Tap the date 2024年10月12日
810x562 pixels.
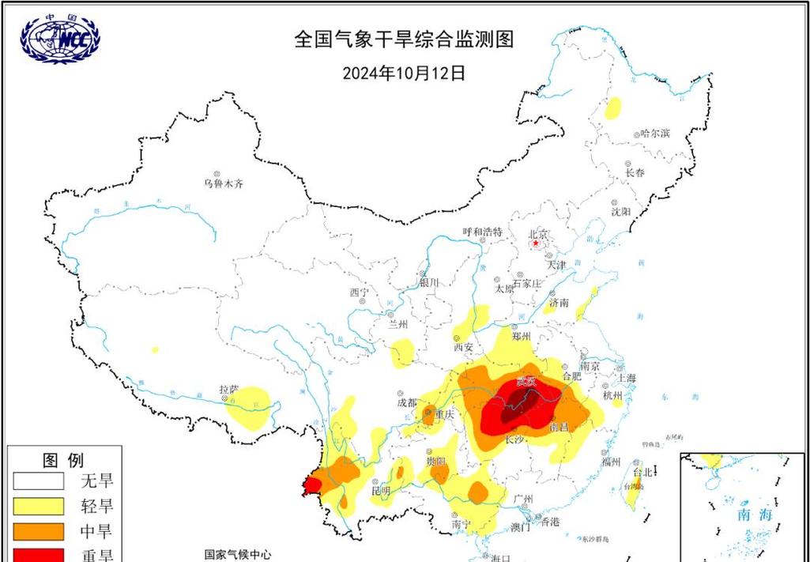click(x=404, y=73)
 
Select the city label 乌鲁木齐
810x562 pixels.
click(x=224, y=183)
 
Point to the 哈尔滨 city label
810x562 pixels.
click(x=655, y=133)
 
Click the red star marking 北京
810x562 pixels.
click(x=537, y=243)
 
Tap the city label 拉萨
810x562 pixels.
click(x=229, y=390)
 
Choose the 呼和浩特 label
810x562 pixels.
click(x=482, y=232)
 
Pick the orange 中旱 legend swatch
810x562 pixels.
click(x=37, y=531)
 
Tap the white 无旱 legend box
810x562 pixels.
click(x=37, y=480)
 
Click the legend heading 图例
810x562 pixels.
click(x=62, y=459)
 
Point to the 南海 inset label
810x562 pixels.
click(x=755, y=515)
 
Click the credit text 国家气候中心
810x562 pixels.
click(x=236, y=555)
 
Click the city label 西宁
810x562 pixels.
click(x=359, y=292)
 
